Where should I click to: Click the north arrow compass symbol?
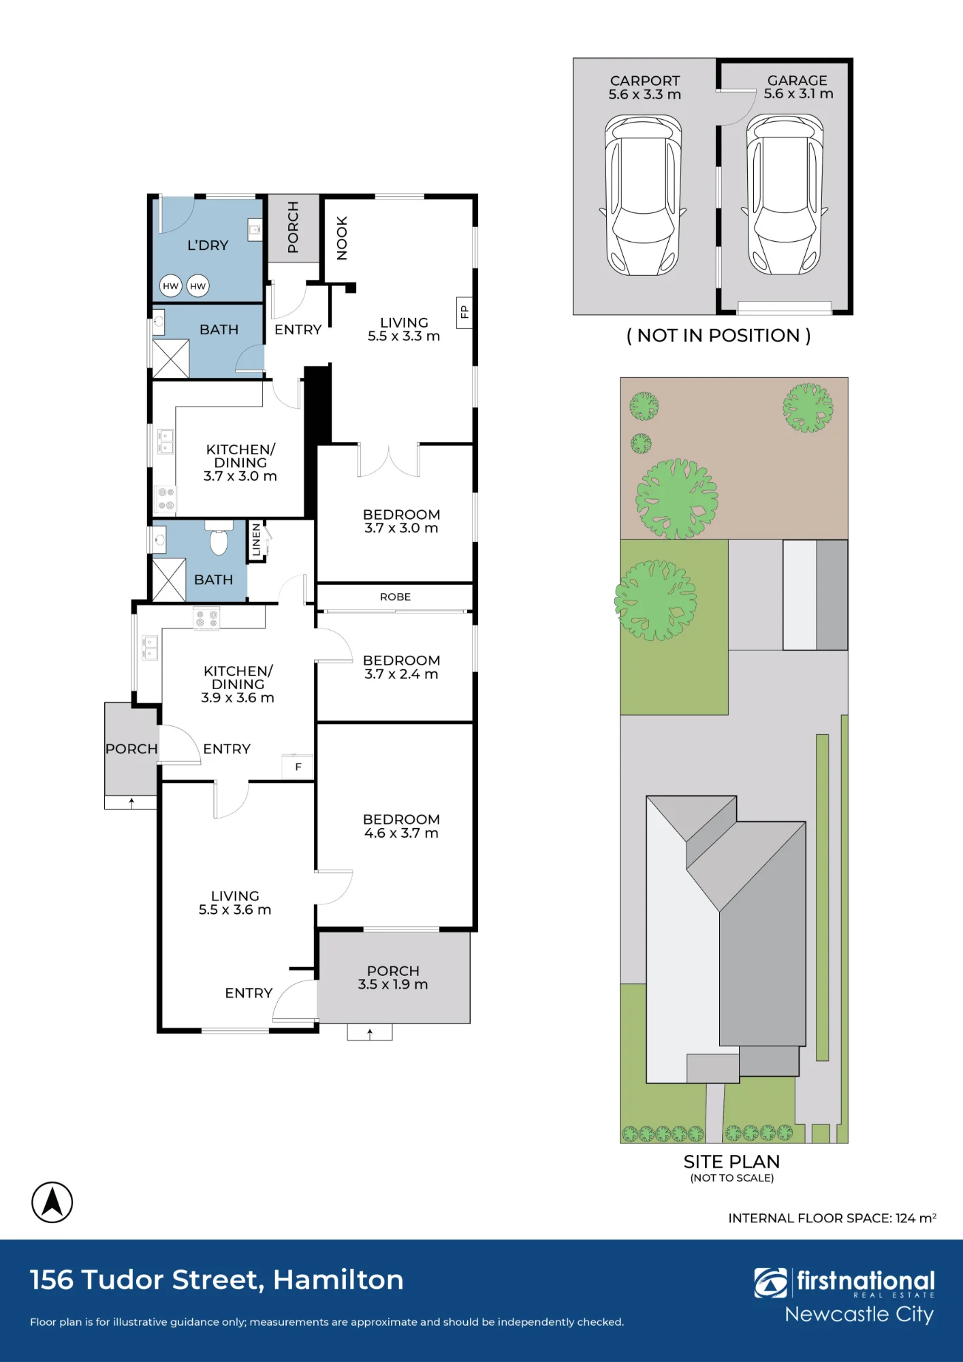[52, 1202]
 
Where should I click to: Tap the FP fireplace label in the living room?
[464, 312]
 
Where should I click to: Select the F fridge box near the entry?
[298, 767]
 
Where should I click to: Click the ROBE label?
[395, 597]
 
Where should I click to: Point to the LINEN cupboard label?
[256, 540]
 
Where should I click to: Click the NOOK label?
[342, 238]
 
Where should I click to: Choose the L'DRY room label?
[208, 245]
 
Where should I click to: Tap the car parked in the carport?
[643, 195]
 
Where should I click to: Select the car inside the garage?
[785, 194]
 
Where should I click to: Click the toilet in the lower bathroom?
[219, 538]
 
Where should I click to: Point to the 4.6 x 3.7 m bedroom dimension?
[401, 833]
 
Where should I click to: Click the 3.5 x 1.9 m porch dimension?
[393, 984]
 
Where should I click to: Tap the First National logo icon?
[770, 1283]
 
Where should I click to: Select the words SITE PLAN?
[731, 1162]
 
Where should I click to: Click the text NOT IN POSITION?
[719, 336]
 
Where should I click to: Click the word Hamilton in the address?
[338, 1280]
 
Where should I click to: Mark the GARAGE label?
[797, 80]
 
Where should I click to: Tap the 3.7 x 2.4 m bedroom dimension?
[401, 674]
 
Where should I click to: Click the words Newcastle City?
[859, 1315]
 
